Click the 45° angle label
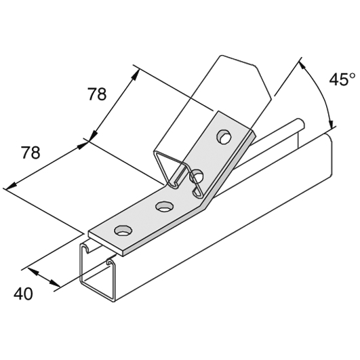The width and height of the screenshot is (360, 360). [x=342, y=79]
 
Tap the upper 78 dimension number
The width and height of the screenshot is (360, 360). [x=98, y=94]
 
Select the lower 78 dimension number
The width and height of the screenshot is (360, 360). [x=31, y=153]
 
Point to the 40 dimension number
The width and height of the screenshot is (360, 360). [x=23, y=294]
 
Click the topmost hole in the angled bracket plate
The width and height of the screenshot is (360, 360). [x=224, y=137]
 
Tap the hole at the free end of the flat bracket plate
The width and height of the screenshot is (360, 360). [x=124, y=231]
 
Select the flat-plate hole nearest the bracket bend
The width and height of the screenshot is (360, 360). [x=164, y=206]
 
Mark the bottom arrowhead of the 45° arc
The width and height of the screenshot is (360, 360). [x=331, y=124]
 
